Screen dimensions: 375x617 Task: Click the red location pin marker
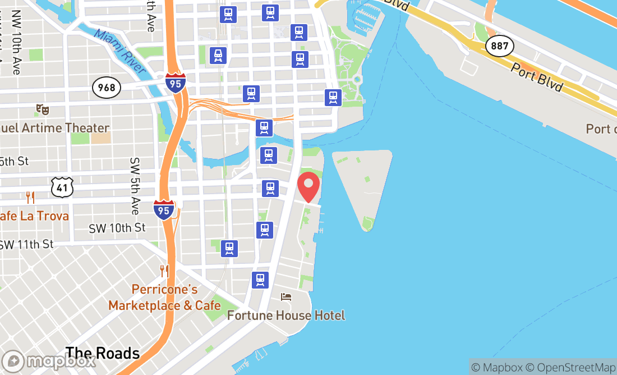click(x=308, y=187)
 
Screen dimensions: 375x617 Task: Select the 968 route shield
click(x=106, y=87)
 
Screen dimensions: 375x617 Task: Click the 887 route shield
click(x=499, y=45)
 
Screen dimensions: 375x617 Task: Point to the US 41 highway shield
click(x=62, y=187)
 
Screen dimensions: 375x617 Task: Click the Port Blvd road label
click(x=537, y=77)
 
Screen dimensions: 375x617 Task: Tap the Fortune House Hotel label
click(x=286, y=315)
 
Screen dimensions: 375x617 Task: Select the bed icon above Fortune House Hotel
click(x=286, y=296)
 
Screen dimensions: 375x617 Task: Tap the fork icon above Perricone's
click(x=164, y=271)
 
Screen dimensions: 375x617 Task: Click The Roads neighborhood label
click(x=102, y=353)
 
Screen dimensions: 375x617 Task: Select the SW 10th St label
click(x=117, y=228)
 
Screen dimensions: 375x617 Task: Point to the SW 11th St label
click(x=26, y=244)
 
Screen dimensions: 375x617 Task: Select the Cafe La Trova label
click(x=34, y=216)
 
